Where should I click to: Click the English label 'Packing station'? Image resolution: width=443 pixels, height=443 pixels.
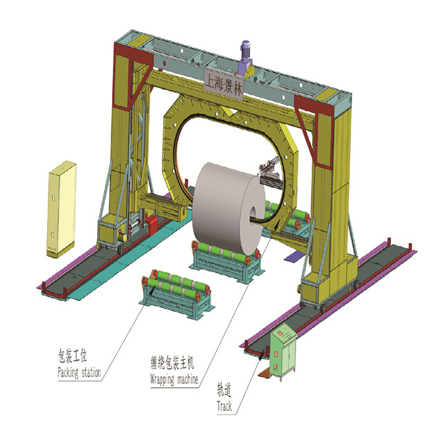coord(80,372)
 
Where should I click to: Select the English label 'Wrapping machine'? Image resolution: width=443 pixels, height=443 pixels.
coord(174,379)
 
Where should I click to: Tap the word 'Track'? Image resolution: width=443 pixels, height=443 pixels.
coord(224,406)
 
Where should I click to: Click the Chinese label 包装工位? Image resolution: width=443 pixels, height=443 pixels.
coord(73,355)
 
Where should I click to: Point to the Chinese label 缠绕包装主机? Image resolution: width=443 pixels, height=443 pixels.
coord(172,363)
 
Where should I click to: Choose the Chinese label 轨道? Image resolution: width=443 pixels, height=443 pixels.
coord(224,390)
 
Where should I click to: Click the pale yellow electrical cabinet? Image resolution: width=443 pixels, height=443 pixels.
coord(62,209)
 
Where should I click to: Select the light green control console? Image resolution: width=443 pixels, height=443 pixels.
coord(283,352)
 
